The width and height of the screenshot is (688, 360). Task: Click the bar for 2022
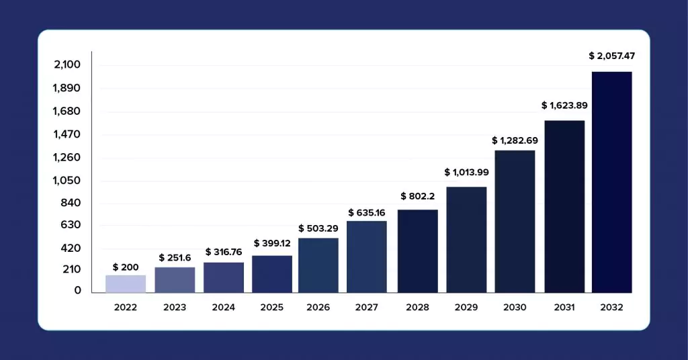pos(126,284)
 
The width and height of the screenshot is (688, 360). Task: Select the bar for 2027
pos(367,257)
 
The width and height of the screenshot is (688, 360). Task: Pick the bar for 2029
pos(466,240)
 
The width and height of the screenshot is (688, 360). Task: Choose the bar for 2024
pos(224,277)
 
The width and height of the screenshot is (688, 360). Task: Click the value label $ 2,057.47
pos(611,56)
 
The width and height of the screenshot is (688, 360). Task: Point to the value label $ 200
pos(126,267)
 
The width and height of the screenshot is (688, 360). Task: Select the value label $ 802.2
pos(418,196)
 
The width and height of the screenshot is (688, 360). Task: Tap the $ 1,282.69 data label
pos(515,140)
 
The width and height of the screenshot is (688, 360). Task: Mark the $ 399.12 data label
pos(272,243)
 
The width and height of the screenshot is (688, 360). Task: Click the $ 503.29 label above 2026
pos(318,228)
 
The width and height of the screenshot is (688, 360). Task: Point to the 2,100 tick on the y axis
pos(67,64)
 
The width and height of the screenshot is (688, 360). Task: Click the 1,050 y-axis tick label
pos(67,181)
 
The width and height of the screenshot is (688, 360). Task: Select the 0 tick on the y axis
pos(78,290)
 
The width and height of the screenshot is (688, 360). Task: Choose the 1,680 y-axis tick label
pos(67,111)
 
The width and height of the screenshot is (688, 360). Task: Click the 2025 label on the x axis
pos(272,308)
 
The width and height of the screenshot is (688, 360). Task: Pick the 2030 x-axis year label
pos(515,308)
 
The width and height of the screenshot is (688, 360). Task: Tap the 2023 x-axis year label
pos(175,308)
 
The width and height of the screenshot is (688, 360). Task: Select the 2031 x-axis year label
pos(564,308)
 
